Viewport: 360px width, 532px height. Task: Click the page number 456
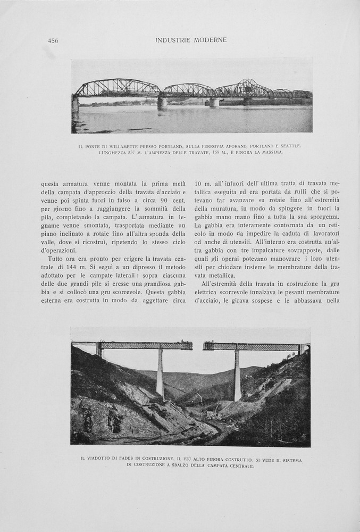pyautogui.click(x=53, y=40)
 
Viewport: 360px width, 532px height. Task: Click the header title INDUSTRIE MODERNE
pyautogui.click(x=191, y=40)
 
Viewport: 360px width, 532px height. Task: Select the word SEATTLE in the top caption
pyautogui.click(x=290, y=145)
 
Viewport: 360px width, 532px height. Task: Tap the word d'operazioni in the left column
pyautogui.click(x=58, y=251)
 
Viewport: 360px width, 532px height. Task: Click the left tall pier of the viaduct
pyautogui.click(x=160, y=372)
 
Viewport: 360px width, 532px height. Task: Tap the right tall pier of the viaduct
pyautogui.click(x=237, y=375)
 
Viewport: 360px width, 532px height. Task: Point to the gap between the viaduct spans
pyautogui.click(x=198, y=346)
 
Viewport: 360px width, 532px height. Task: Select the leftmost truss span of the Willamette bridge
pyautogui.click(x=117, y=88)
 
